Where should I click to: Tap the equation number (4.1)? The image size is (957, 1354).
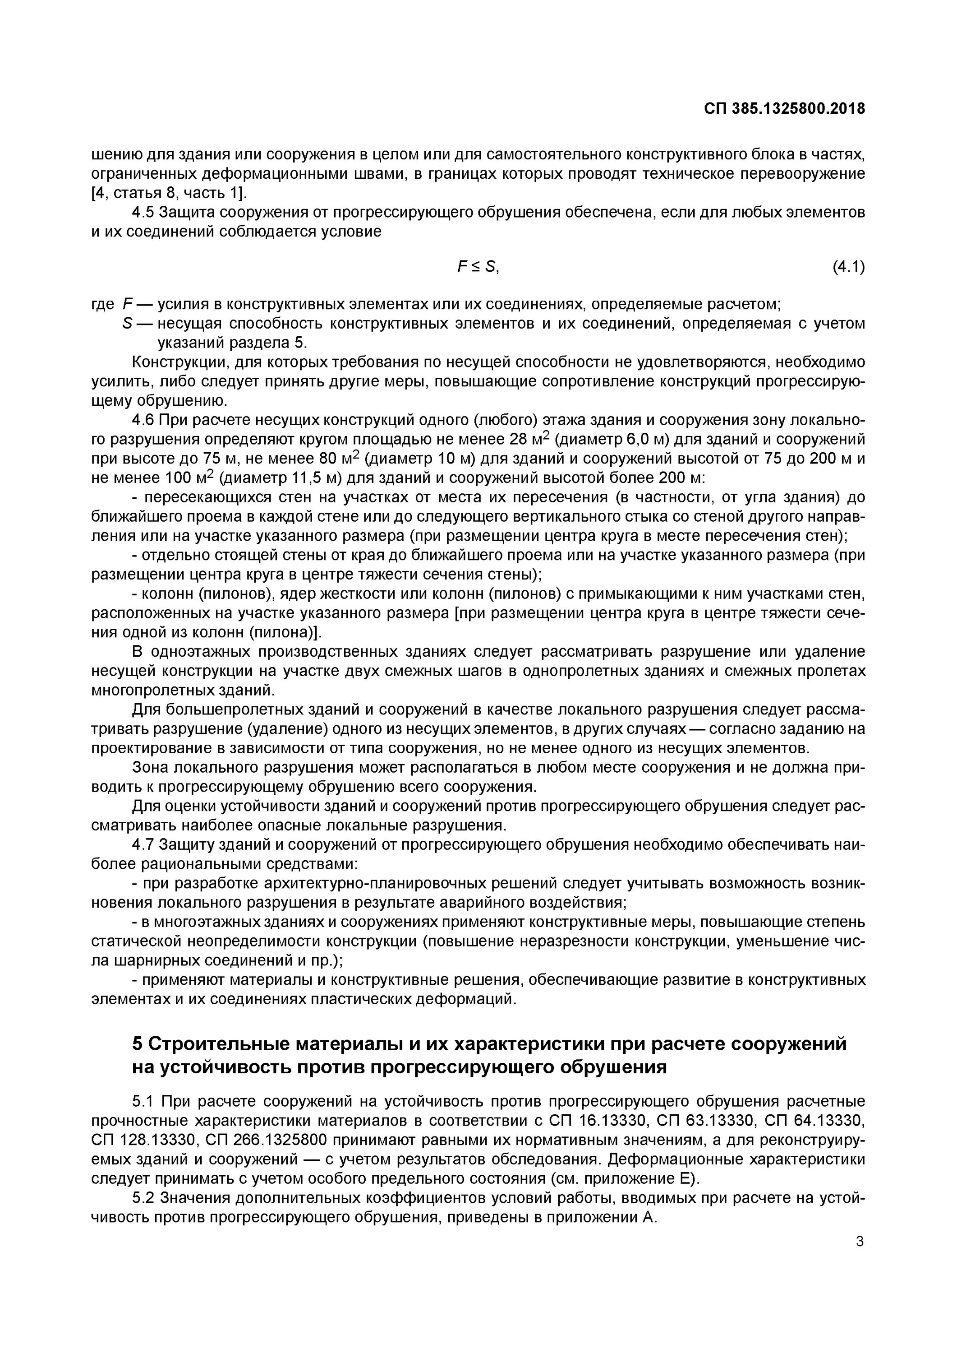849,267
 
